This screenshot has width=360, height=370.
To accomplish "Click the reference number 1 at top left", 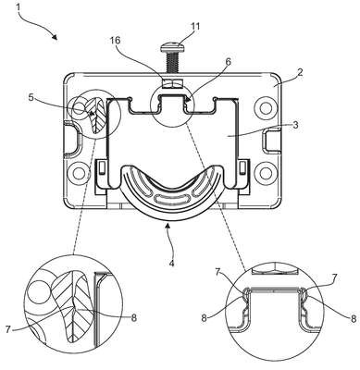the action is (x=19, y=6).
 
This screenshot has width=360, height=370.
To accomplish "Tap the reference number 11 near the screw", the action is (x=194, y=26).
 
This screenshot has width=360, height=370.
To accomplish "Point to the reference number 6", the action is (x=228, y=62).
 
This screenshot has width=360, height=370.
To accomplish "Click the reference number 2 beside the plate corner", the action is (x=300, y=72).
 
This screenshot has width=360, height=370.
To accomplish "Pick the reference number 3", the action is (x=295, y=125).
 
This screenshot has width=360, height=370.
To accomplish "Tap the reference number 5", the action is (x=31, y=98).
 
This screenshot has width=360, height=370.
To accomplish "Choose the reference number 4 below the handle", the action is (x=171, y=264).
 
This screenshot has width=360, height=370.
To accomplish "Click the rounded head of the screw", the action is (x=172, y=47).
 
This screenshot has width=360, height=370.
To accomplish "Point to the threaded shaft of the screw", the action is (x=172, y=63).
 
